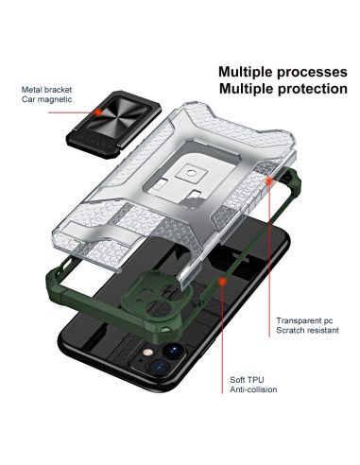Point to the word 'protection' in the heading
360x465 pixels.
point(313,89)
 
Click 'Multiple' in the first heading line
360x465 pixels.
point(248,71)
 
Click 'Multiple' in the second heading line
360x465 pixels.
point(248,89)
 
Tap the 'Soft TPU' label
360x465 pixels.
point(249,377)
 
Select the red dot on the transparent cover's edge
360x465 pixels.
point(272,177)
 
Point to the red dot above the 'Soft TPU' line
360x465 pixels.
point(222,281)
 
